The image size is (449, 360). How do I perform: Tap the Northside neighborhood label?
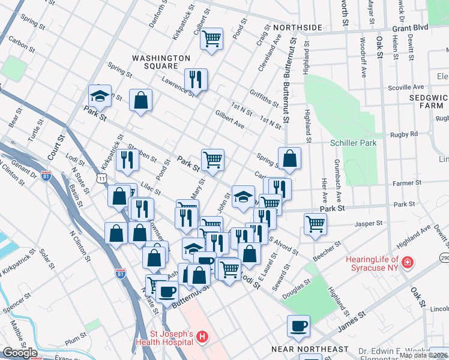[297, 28]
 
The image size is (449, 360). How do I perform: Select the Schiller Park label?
[353, 143]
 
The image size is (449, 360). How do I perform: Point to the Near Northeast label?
[310, 349]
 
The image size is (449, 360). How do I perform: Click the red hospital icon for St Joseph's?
[202, 338]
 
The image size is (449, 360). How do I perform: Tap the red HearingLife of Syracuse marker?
[408, 263]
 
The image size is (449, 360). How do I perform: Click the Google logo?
[20, 353]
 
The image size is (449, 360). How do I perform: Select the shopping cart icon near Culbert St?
[211, 39]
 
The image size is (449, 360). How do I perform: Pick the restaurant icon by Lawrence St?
[196, 80]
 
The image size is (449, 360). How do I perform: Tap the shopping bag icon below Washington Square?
[140, 101]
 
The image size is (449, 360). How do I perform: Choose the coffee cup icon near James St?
[298, 326]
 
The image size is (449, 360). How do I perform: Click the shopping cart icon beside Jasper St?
[315, 224]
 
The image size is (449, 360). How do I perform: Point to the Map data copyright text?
[423, 355]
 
